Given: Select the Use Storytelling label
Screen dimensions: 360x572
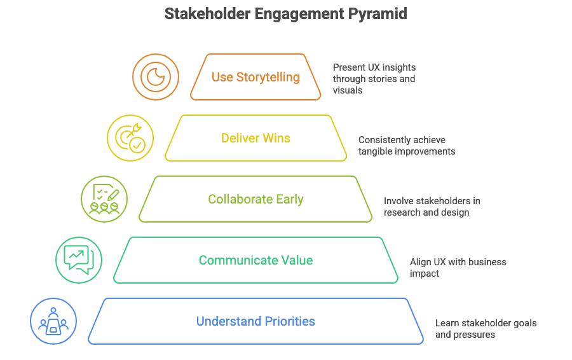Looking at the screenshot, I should (255, 77).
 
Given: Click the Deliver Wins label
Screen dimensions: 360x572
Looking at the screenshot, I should (255, 138).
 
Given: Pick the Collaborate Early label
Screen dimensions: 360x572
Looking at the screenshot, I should (255, 199).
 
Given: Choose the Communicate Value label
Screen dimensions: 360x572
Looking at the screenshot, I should (255, 260).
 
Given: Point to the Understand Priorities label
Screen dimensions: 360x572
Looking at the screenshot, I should (255, 321).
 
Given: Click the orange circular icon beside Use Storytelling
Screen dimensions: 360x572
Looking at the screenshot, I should (155, 77).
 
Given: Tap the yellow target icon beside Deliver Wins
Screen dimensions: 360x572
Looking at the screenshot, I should (130, 138).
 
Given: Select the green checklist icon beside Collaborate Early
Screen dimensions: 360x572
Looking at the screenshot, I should (104, 199).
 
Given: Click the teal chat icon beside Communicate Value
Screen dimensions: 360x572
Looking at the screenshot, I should (79, 260).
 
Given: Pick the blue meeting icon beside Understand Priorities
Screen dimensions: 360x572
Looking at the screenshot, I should (53, 321).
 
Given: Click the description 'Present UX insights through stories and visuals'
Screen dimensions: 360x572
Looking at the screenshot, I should (374, 79).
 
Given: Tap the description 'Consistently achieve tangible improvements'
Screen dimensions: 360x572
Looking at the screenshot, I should (406, 145).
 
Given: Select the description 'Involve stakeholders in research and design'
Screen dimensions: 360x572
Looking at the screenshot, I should (432, 206).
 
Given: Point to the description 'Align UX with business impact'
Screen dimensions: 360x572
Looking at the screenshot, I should (458, 267).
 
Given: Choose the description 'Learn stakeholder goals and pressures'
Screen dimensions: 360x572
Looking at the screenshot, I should (486, 328).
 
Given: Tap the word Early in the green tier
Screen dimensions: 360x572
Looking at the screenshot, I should (289, 199).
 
